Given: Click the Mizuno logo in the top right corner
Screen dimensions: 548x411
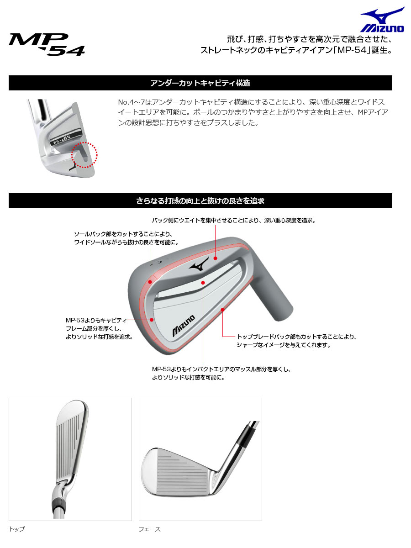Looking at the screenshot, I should pos(383,21).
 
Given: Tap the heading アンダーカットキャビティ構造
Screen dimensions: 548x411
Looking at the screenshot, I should pos(200,83).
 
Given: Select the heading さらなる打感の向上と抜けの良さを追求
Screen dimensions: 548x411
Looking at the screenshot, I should pos(200,201).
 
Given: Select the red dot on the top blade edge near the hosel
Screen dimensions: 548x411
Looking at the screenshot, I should pos(222,310).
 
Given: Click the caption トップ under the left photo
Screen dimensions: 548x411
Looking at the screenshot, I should pos(17,529).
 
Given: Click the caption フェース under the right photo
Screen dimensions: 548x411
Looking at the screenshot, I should pos(150,529).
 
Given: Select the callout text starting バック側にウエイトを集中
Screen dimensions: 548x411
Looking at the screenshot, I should pos(234,220).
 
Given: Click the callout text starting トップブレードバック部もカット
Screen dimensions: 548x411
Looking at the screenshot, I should pos(296,337).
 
